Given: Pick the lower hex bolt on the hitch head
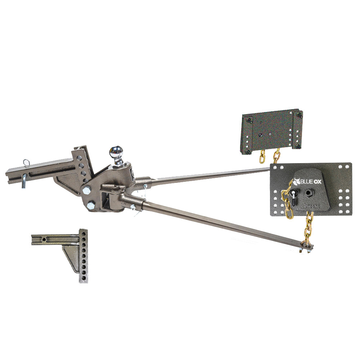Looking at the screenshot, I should [x=90, y=206].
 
